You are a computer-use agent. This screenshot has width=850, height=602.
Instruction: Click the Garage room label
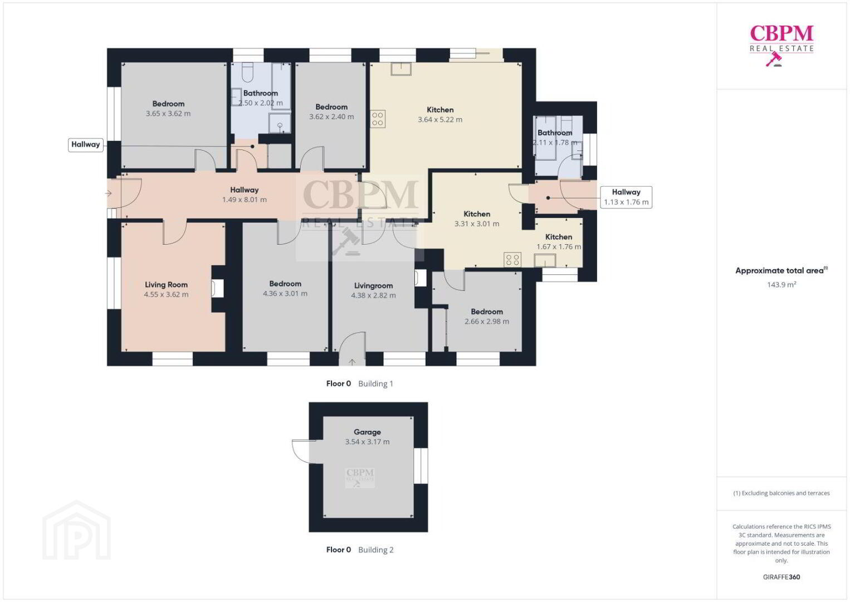pyautogui.click(x=367, y=432)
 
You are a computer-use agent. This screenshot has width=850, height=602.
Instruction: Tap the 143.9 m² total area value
pyautogui.click(x=781, y=284)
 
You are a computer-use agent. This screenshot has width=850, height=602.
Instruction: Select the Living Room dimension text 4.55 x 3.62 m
pyautogui.click(x=166, y=294)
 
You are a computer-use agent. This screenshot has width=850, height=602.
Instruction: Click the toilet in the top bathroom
pyautogui.click(x=247, y=72)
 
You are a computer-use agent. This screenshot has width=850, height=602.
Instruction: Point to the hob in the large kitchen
pyautogui.click(x=378, y=119)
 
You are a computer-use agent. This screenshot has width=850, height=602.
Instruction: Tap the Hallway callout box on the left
pyautogui.click(x=85, y=145)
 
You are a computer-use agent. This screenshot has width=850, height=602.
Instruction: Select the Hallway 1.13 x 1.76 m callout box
pyautogui.click(x=626, y=197)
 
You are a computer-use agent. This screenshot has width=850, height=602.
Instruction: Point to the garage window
pyautogui.click(x=421, y=466)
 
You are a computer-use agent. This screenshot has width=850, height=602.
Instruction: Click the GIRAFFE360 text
pyautogui.click(x=781, y=577)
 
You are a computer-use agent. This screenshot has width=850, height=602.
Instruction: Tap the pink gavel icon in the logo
pyautogui.click(x=774, y=59)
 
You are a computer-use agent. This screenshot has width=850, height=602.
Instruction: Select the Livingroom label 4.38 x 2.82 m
pyautogui.click(x=373, y=290)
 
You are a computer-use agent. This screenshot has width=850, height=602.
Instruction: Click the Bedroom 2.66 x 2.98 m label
pyautogui.click(x=487, y=317)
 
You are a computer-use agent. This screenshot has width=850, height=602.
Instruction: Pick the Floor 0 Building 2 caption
pyautogui.click(x=360, y=550)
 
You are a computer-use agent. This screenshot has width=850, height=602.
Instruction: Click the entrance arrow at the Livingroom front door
pyautogui.click(x=352, y=362)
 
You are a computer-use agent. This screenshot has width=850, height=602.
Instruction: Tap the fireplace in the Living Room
pyautogui.click(x=217, y=288)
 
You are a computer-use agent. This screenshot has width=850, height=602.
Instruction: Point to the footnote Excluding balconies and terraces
pyautogui.click(x=781, y=493)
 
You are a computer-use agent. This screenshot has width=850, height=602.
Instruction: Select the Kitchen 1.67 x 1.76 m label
pyautogui.click(x=559, y=241)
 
